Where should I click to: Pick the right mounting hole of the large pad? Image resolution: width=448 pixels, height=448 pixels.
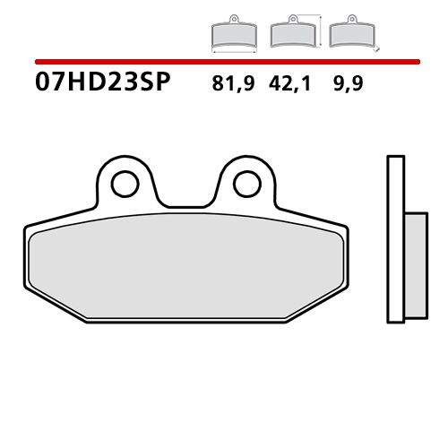246,183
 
